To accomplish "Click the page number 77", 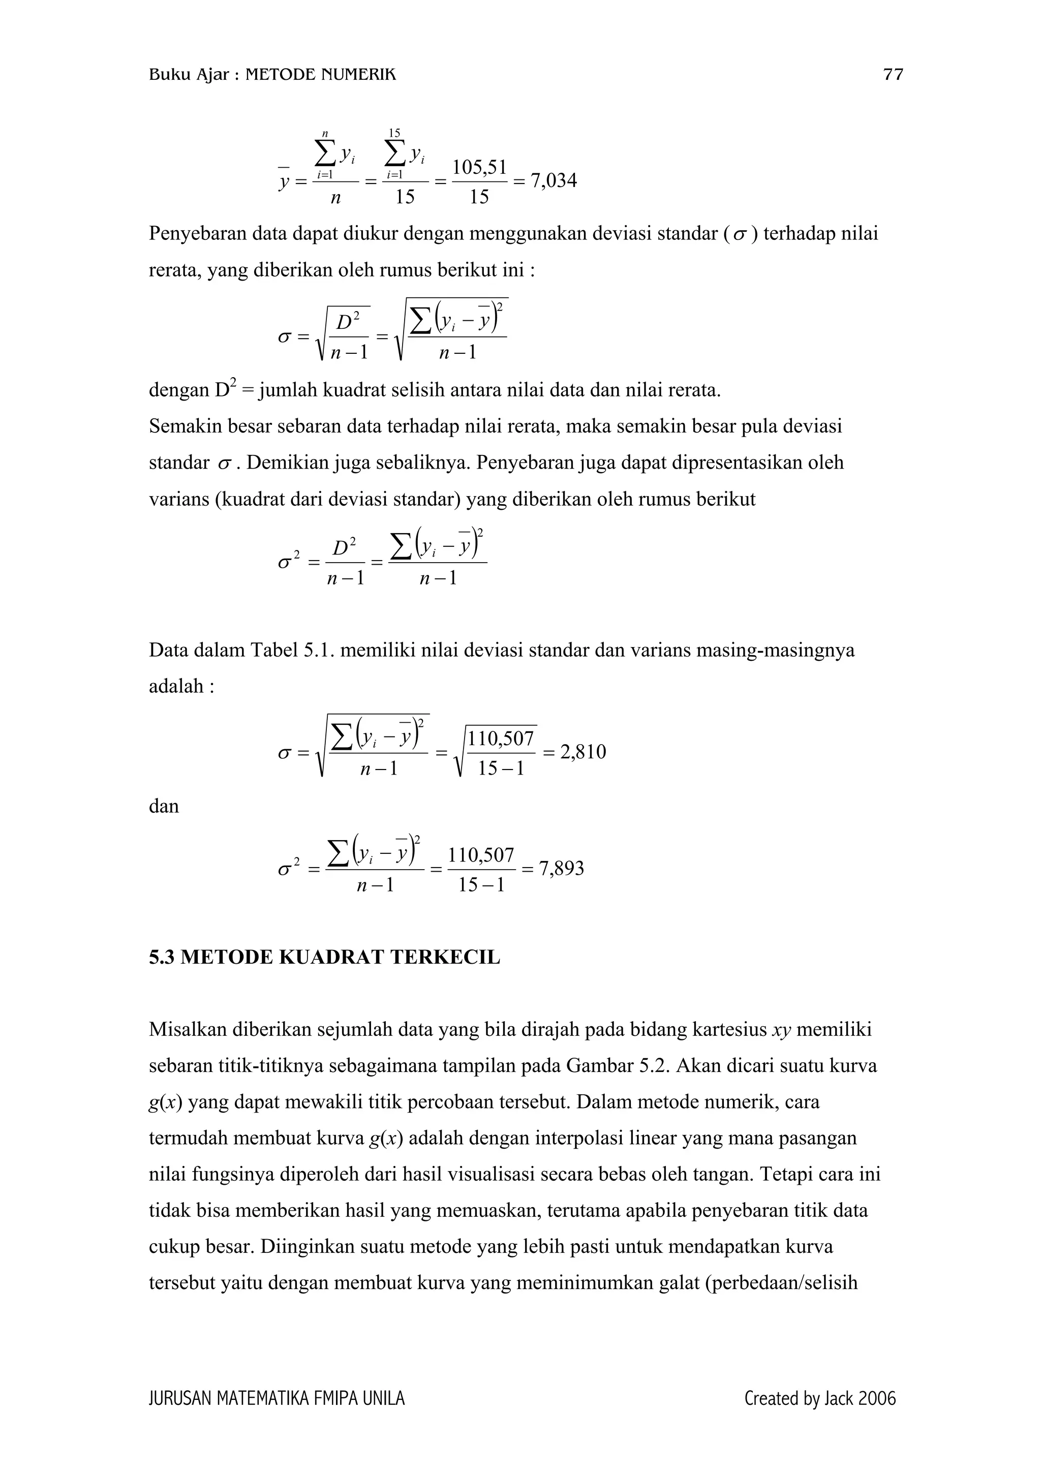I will tap(893, 75).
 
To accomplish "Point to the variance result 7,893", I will tap(561, 869).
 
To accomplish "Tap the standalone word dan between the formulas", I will tap(164, 807).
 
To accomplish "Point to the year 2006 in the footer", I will tap(876, 1399).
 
